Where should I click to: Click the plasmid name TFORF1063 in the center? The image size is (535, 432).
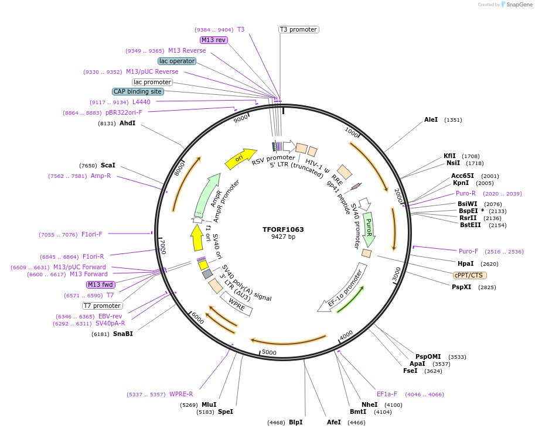tap(283, 229)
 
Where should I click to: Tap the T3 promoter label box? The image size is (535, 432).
tap(298, 29)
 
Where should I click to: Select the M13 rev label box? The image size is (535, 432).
tap(213, 40)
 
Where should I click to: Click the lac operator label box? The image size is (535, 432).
tap(177, 61)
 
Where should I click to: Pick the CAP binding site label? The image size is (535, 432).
tap(138, 91)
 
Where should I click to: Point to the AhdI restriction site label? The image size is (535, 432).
tap(127, 124)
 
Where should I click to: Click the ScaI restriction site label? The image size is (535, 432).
tap(108, 166)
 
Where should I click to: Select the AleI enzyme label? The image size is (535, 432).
tap(431, 120)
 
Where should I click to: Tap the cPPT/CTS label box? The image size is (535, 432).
tap(469, 275)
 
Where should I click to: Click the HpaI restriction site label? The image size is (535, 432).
tap(465, 263)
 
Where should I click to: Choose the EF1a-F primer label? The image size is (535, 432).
tap(387, 394)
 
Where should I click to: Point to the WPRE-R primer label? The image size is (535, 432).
tap(181, 394)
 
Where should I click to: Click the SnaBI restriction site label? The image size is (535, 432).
tap(122, 334)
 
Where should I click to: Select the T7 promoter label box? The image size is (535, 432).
tap(103, 306)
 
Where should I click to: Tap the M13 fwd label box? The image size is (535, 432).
tap(100, 284)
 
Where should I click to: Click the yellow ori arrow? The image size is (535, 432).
tap(240, 157)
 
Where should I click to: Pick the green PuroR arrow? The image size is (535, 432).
tap(368, 228)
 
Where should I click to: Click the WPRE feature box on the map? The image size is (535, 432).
tap(237, 304)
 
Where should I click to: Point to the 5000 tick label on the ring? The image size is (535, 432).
tap(269, 352)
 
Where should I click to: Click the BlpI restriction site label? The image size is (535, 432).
tap(295, 422)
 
